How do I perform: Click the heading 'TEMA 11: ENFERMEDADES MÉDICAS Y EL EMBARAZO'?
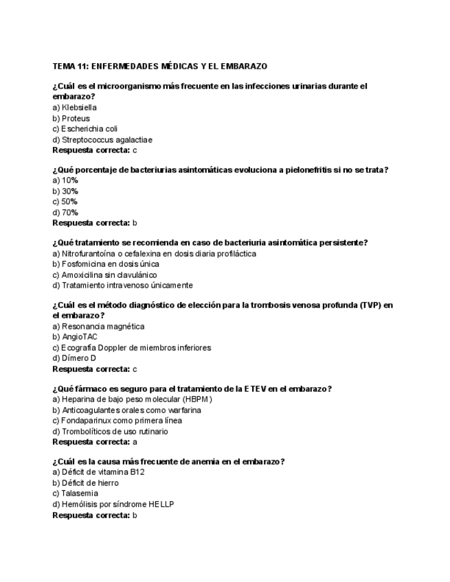click(160, 67)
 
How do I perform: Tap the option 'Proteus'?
click(71, 119)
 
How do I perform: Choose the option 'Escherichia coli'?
click(85, 129)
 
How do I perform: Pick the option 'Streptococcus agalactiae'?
click(102, 140)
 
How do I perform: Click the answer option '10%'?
click(65, 181)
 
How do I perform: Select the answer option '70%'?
click(65, 213)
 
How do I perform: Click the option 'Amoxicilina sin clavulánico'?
click(104, 275)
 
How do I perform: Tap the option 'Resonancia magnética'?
click(98, 327)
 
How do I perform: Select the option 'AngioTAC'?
click(75, 337)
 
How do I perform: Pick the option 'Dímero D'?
click(74, 358)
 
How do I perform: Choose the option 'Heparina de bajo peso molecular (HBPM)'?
click(133, 399)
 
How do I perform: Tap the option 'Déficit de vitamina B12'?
click(98, 472)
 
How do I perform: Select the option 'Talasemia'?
click(75, 493)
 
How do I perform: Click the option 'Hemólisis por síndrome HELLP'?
click(113, 504)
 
